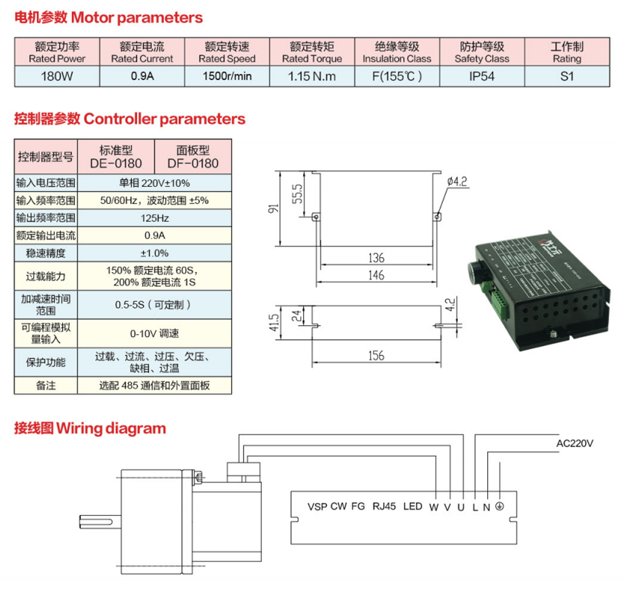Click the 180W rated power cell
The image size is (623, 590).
(57, 77)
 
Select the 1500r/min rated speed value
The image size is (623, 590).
(227, 77)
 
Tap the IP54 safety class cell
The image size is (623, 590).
(482, 77)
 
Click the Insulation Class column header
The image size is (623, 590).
(397, 52)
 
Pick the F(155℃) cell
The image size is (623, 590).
(397, 77)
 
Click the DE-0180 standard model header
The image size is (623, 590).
(116, 157)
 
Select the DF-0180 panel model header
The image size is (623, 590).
(193, 157)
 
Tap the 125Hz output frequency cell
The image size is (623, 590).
(155, 218)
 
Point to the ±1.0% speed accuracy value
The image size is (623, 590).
(155, 253)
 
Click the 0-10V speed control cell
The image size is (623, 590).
(155, 334)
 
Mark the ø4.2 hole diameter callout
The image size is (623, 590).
(457, 182)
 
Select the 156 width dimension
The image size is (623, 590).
(376, 356)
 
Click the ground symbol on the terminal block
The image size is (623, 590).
(498, 506)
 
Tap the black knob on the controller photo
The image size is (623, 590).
(476, 271)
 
